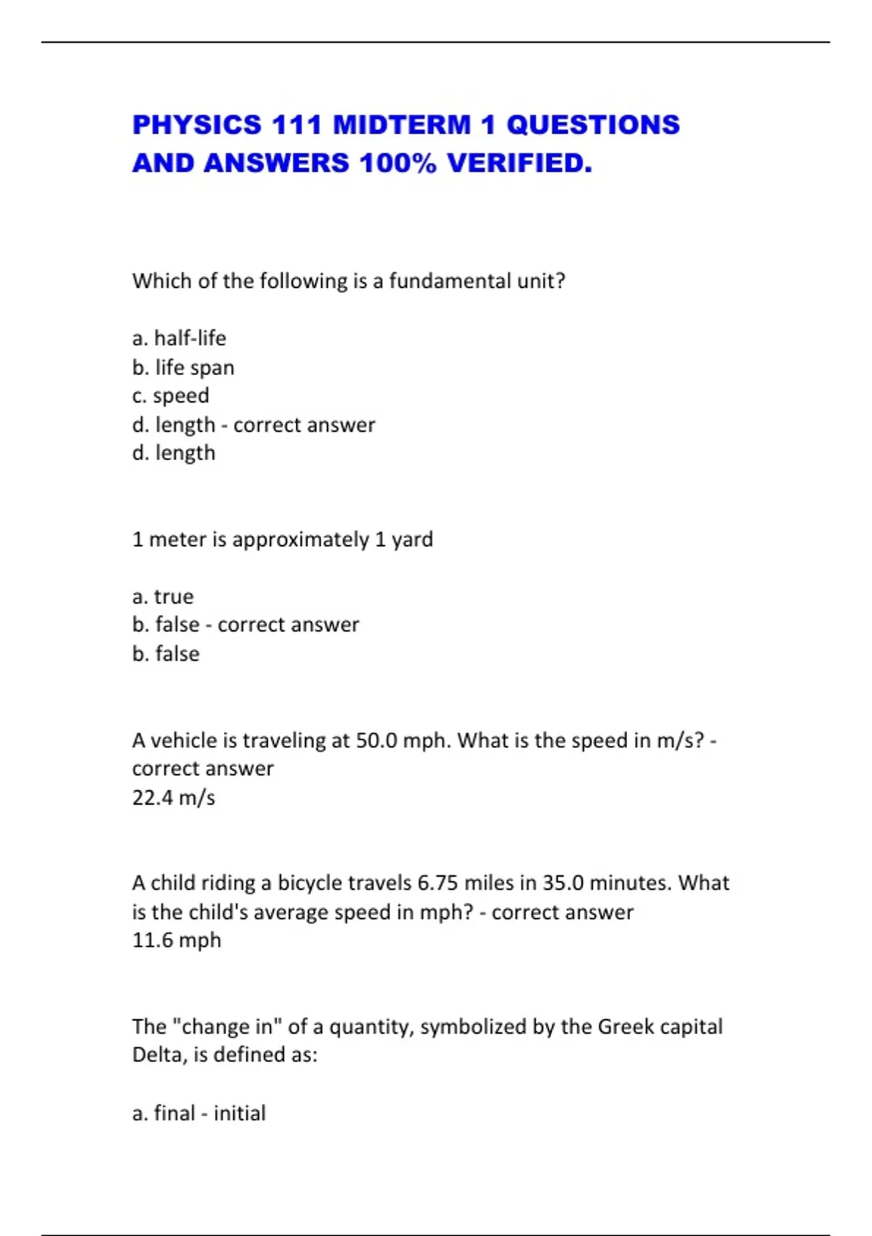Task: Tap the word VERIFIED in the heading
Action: click(x=519, y=164)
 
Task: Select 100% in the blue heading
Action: click(x=397, y=164)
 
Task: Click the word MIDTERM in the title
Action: click(x=402, y=125)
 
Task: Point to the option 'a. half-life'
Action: click(x=179, y=338)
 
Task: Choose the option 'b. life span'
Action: click(x=183, y=367)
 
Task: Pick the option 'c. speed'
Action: click(x=171, y=396)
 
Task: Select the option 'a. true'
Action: click(x=163, y=596)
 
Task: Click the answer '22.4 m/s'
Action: click(x=174, y=798)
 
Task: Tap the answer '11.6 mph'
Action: click(x=177, y=940)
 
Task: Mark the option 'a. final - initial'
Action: click(x=199, y=1113)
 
